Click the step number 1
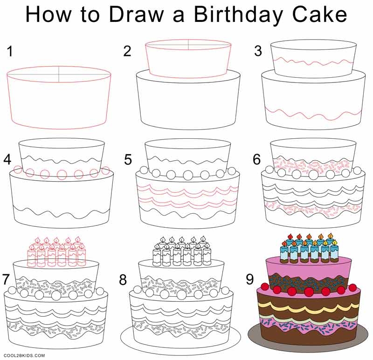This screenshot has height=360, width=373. [x=10, y=52]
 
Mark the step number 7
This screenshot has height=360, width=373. [x=7, y=279]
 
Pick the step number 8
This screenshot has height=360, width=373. [x=123, y=280]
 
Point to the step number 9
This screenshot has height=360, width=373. [x=250, y=279]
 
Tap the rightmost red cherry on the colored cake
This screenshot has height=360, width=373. [x=352, y=287]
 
